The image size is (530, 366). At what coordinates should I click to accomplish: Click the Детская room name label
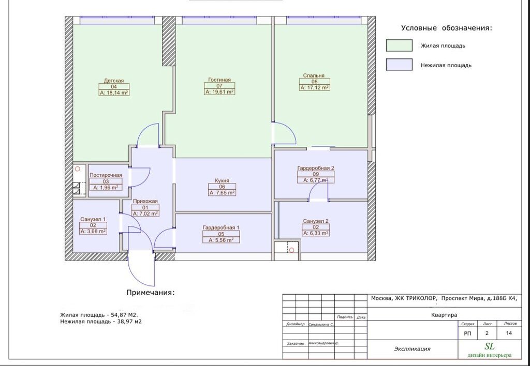click(x=113, y=81)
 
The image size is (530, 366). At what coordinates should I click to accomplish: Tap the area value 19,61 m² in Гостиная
click(x=219, y=91)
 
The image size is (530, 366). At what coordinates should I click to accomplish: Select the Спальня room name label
click(x=314, y=75)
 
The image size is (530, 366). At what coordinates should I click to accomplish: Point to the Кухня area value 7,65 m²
click(x=222, y=193)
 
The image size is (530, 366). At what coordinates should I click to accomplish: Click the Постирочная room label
click(x=106, y=175)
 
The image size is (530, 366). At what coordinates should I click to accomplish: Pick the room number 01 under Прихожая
click(x=145, y=208)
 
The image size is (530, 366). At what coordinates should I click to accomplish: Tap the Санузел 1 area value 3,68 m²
click(x=93, y=231)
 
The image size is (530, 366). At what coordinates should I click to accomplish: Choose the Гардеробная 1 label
click(x=221, y=227)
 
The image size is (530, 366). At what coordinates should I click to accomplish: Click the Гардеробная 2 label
click(x=316, y=168)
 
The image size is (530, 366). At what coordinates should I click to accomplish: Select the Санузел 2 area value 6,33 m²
click(x=316, y=233)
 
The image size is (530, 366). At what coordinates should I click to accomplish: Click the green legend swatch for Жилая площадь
click(x=399, y=45)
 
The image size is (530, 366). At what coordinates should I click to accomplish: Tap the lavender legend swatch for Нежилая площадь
click(x=399, y=65)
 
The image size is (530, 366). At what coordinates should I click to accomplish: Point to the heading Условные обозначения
click(x=447, y=28)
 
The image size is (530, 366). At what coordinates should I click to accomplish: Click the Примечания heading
click(x=151, y=293)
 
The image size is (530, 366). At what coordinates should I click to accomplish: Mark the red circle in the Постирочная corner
click(x=78, y=169)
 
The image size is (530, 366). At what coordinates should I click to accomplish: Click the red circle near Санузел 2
click(x=291, y=250)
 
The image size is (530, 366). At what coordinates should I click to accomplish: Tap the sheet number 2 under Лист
click(x=487, y=333)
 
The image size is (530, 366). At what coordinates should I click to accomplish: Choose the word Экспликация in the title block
click(x=413, y=349)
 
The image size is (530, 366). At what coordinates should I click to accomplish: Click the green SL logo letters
click(x=490, y=346)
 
